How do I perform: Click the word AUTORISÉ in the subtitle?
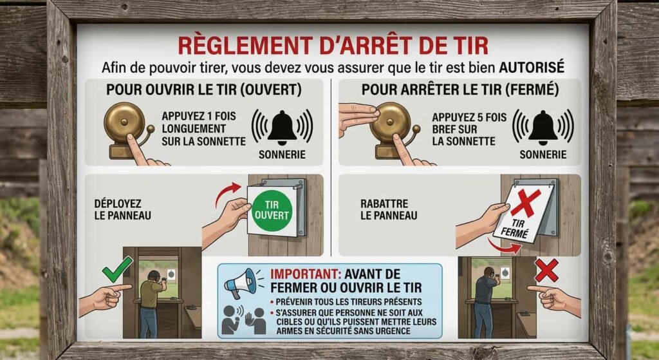click(532, 67)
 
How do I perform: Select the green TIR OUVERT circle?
click(272, 210)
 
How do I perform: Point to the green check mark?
click(117, 269)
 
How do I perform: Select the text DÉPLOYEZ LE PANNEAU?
click(122, 209)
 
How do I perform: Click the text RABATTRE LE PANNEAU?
click(389, 209)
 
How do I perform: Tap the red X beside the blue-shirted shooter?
click(546, 270)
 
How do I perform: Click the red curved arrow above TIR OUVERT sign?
click(227, 193)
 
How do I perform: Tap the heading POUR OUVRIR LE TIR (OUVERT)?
click(204, 90)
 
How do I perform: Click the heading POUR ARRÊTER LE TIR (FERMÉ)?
click(460, 90)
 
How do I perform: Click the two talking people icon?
click(244, 319)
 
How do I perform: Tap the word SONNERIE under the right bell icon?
click(543, 155)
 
